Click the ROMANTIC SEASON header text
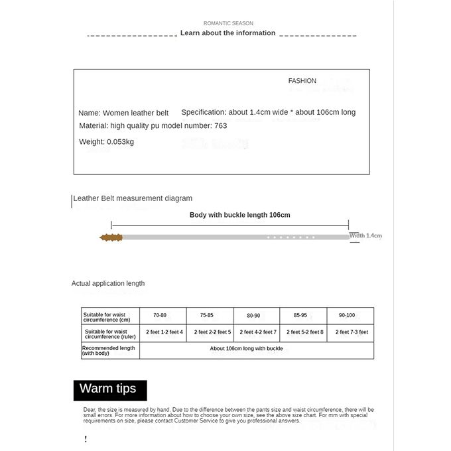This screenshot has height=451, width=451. [x=228, y=23]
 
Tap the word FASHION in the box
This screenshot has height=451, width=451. [x=302, y=81]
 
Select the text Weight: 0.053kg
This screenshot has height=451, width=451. [x=106, y=141]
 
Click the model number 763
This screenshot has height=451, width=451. [x=220, y=125]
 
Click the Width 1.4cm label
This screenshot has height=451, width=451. [x=365, y=235]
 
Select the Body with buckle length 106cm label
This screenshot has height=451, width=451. [x=239, y=215]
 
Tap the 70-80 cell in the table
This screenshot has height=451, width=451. [x=160, y=315]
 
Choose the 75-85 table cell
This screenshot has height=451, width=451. [x=207, y=315]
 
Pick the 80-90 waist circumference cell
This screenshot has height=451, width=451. [x=253, y=315]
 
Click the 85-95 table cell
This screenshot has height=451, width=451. [x=300, y=315]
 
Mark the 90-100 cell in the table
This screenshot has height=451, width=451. [x=347, y=315]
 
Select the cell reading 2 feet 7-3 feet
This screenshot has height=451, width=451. [x=352, y=332]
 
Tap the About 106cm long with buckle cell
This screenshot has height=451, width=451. [x=246, y=348]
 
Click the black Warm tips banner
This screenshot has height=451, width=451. [x=109, y=389]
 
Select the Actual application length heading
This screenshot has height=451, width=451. [x=108, y=283]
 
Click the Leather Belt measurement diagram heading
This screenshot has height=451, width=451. [x=133, y=198]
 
